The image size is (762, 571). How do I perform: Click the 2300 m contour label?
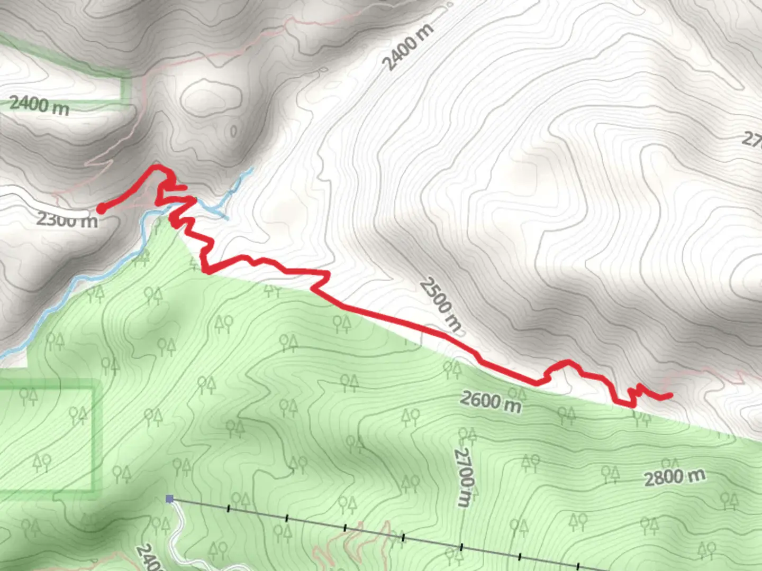pyautogui.click(x=67, y=218)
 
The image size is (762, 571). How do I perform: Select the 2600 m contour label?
pyautogui.click(x=490, y=401)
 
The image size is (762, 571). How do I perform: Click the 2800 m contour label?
pyautogui.click(x=674, y=477)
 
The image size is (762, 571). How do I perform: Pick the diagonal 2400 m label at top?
pyautogui.click(x=407, y=47)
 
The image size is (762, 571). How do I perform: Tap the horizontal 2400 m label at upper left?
pyautogui.click(x=39, y=105)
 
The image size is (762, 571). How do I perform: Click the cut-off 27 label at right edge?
pyautogui.click(x=751, y=139)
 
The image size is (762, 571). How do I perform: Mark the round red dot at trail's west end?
pyautogui.click(x=100, y=209)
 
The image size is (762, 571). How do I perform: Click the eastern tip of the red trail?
pyautogui.click(x=670, y=394)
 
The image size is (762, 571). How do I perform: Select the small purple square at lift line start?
pyautogui.click(x=169, y=499)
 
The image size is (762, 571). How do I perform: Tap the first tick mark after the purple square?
pyautogui.click(x=229, y=509)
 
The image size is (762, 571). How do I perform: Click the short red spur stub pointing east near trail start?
pyautogui.click(x=180, y=187)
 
